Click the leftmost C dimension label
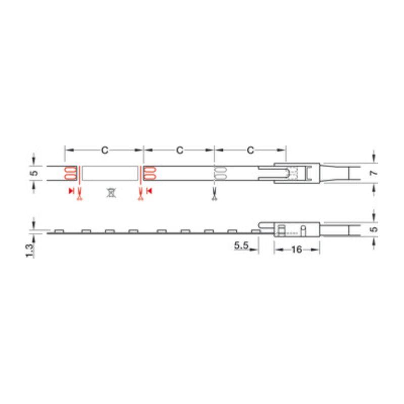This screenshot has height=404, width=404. [x=105, y=150]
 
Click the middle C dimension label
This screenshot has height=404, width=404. [x=180, y=150]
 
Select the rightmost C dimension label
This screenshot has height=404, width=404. [x=250, y=150]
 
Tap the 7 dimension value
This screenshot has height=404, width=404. [x=374, y=173]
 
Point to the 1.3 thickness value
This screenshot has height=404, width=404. [x=30, y=250]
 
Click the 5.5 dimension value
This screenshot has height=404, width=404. [x=241, y=245]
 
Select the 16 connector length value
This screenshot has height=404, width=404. [x=296, y=249]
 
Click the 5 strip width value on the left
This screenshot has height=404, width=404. [x=34, y=173]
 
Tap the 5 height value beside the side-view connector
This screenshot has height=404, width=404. [x=374, y=229]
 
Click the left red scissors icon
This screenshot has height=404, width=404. [x=79, y=194]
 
